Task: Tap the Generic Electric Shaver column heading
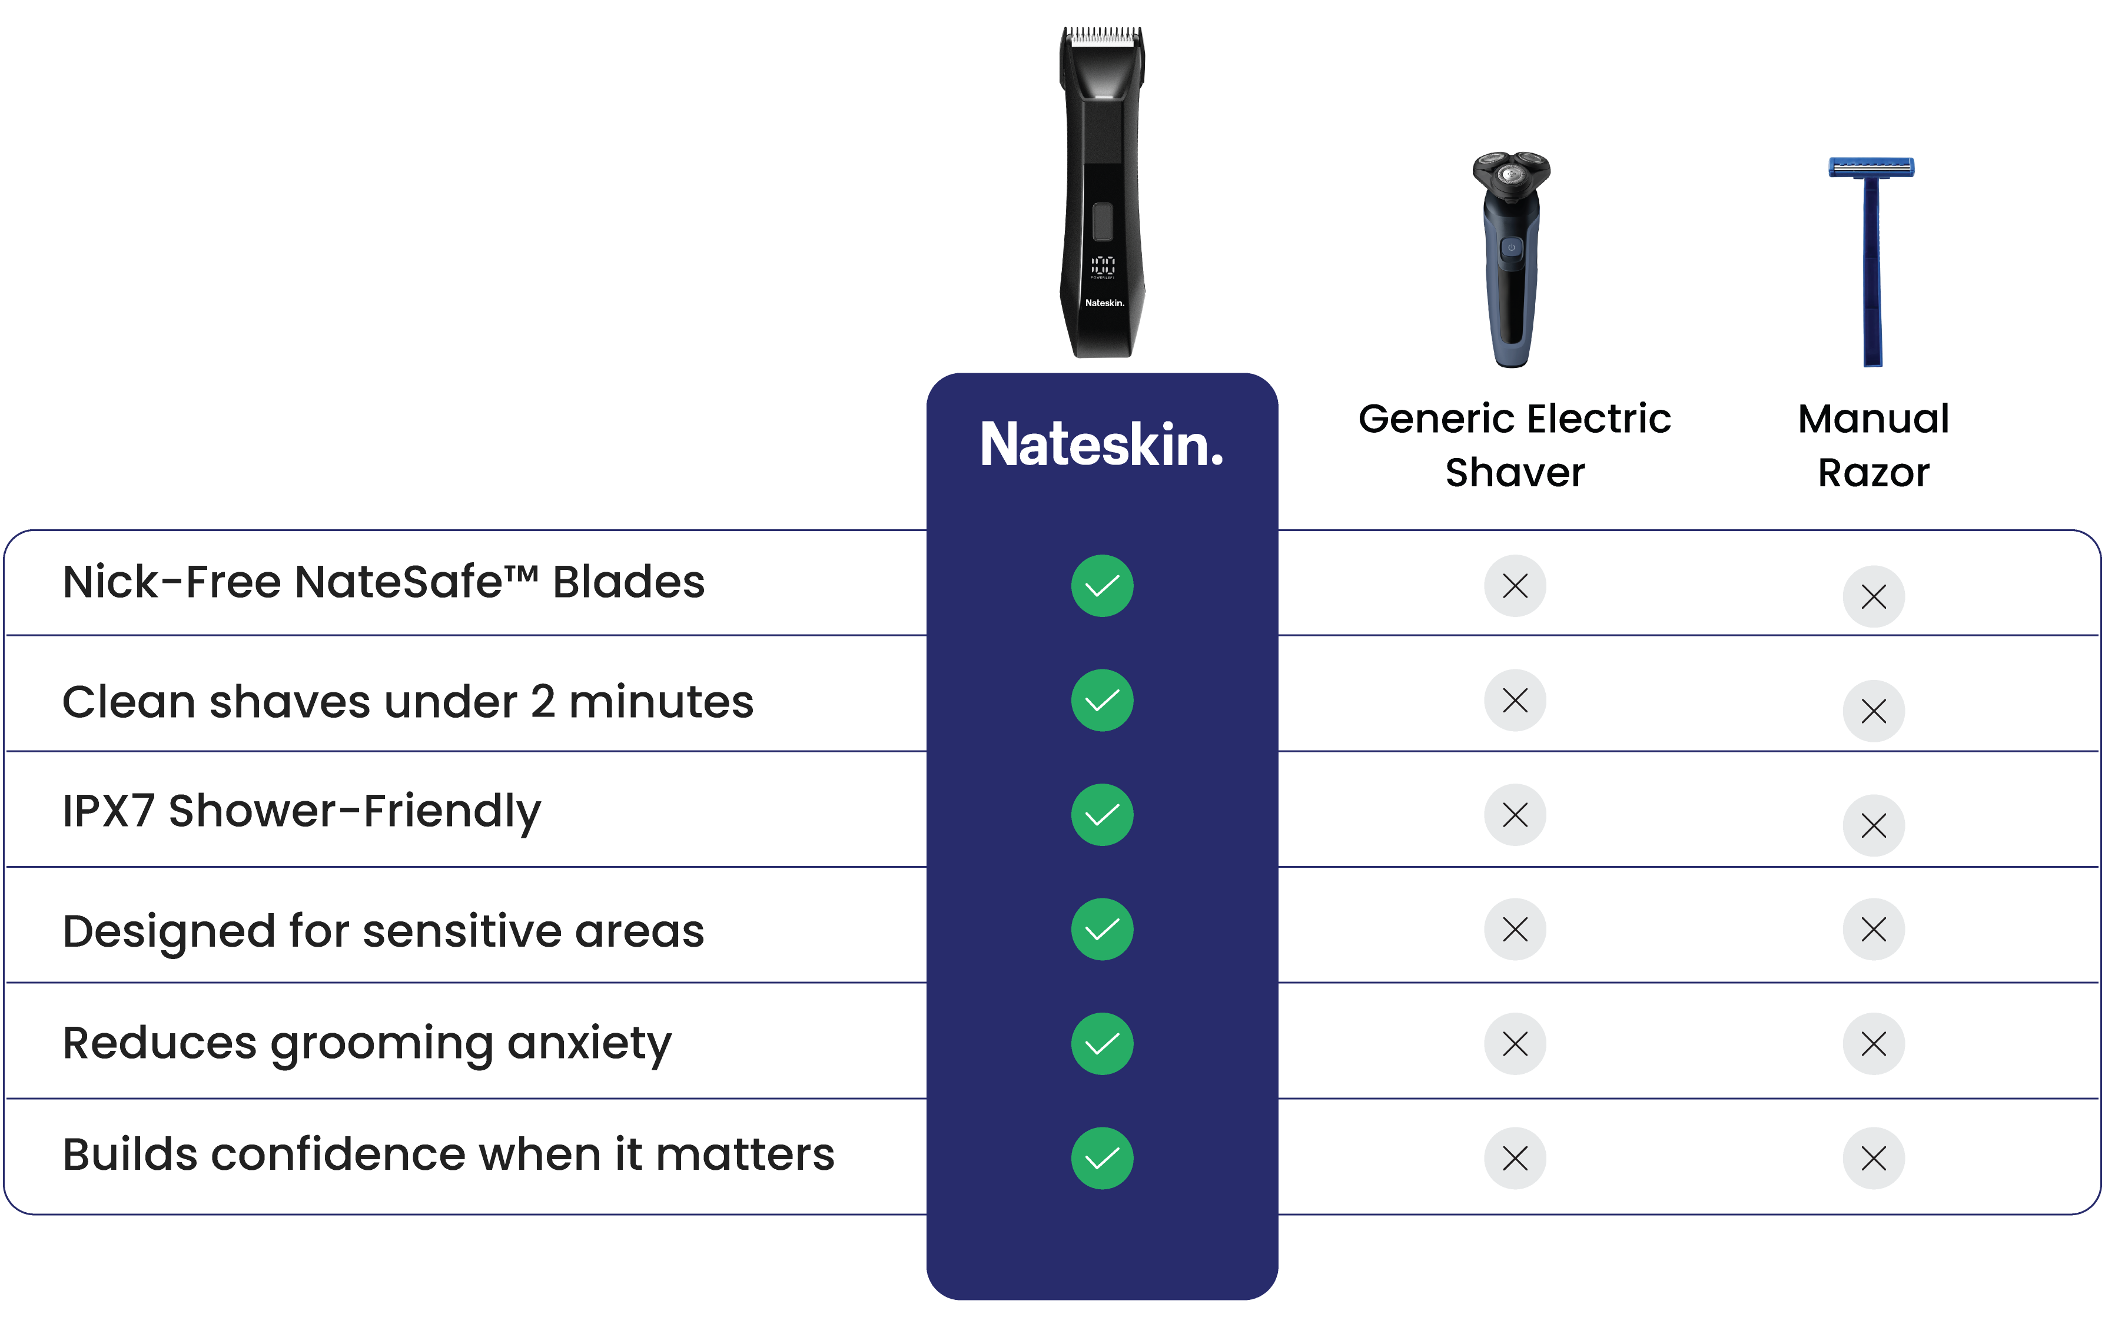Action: tap(1515, 445)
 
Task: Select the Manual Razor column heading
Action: tap(1873, 445)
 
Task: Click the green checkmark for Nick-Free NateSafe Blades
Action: tap(1103, 586)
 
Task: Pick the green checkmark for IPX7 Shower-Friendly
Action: tap(1103, 815)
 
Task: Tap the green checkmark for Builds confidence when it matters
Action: tap(1103, 1158)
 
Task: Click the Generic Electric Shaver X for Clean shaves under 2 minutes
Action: tap(1515, 700)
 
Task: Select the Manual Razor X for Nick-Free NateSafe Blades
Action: tap(1873, 597)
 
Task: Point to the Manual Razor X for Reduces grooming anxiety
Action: tap(1873, 1044)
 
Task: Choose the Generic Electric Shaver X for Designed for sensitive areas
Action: tap(1515, 929)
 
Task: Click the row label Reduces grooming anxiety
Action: tap(367, 1044)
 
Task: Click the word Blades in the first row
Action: tap(629, 582)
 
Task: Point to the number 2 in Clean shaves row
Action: tap(543, 702)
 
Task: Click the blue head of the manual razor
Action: tap(1871, 167)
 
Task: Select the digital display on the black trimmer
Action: tap(1103, 266)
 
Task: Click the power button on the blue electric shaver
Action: tap(1510, 248)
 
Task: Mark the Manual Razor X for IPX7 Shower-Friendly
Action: tap(1873, 825)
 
